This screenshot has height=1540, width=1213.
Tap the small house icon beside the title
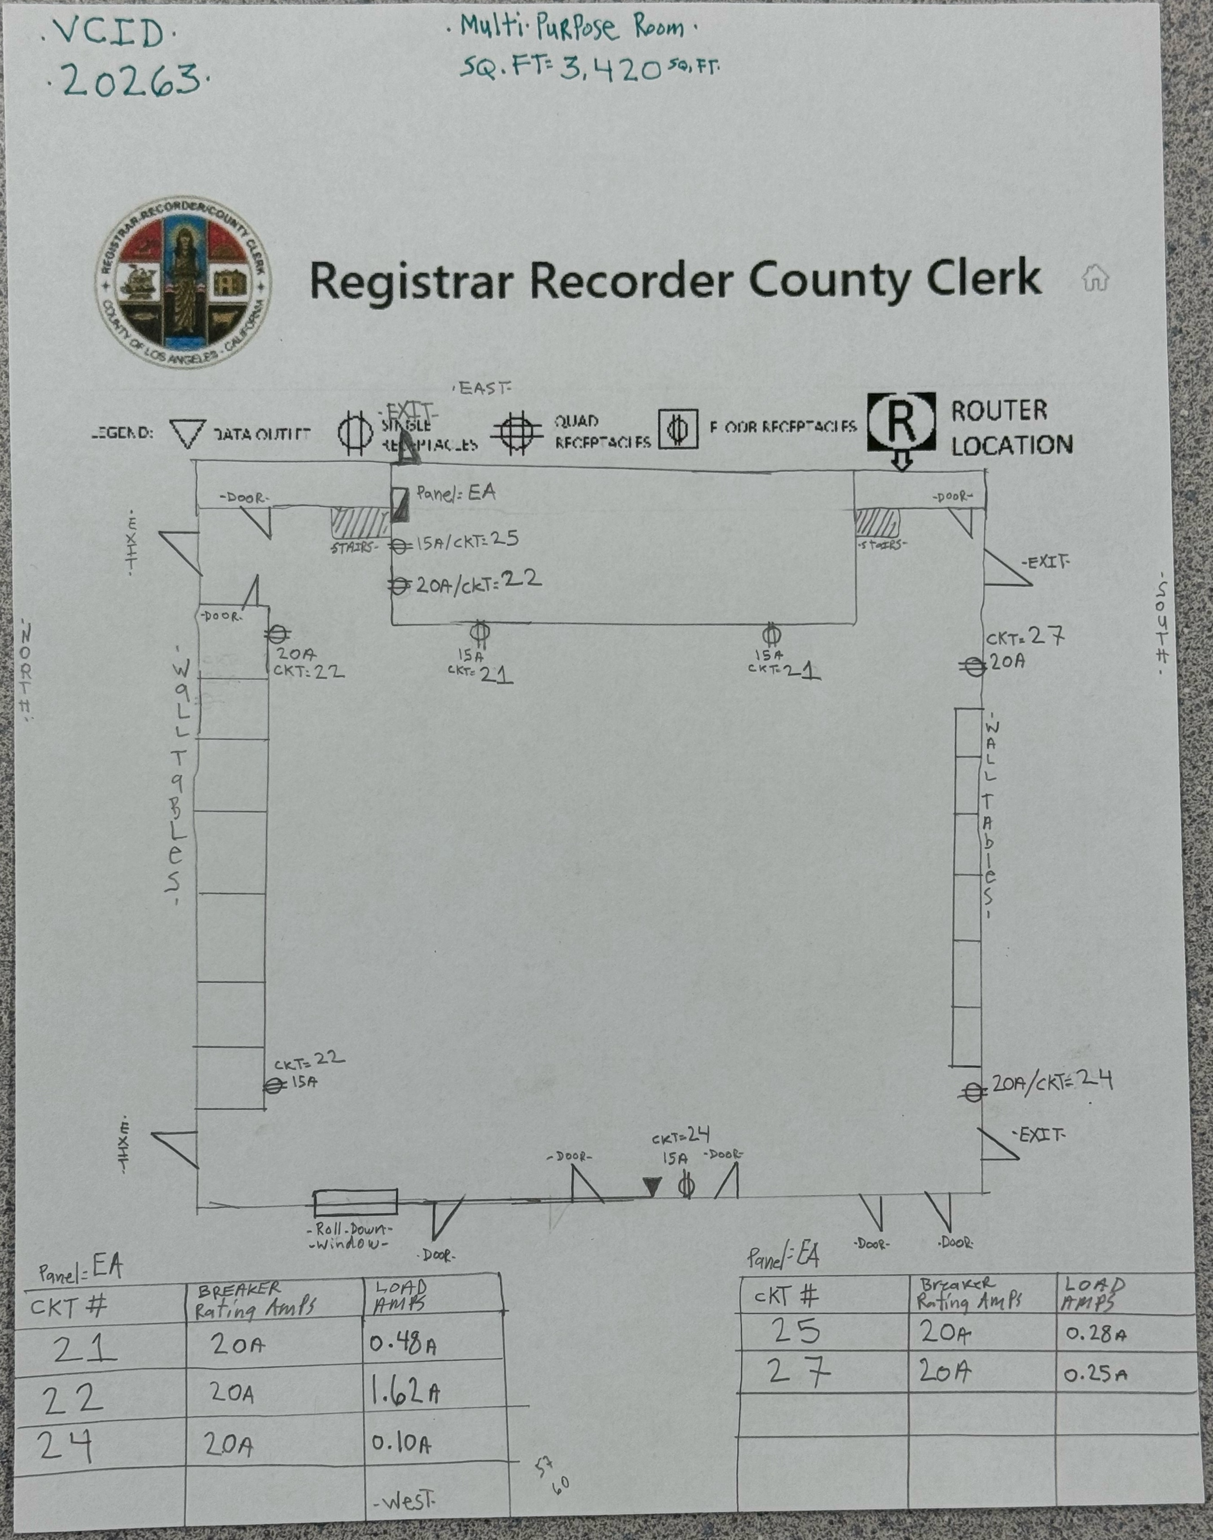click(1094, 278)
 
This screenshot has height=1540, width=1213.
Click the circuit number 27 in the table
click(800, 1373)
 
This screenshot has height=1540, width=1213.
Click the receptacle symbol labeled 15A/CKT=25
click(400, 546)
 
